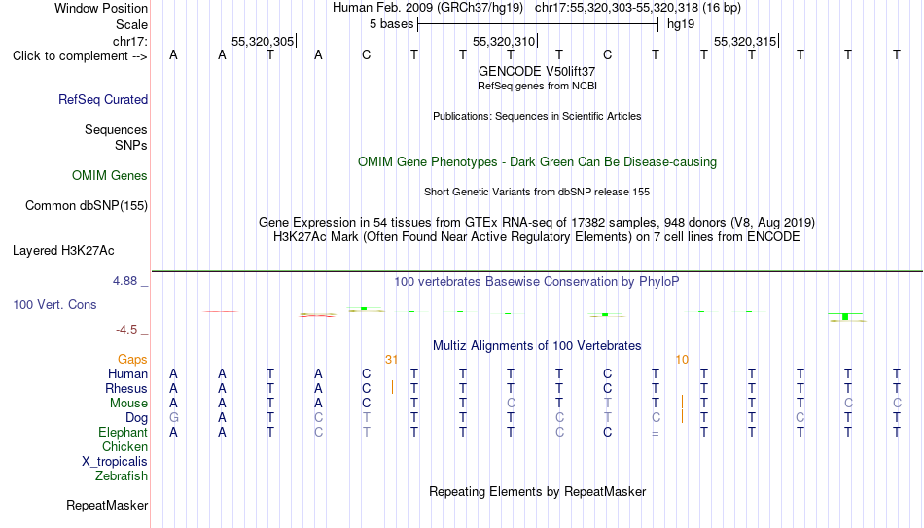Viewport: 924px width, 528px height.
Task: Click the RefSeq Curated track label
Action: (103, 99)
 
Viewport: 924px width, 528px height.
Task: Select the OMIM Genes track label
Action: (110, 176)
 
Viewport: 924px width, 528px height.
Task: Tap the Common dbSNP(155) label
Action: (87, 206)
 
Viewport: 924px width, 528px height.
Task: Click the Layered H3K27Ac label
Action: (63, 251)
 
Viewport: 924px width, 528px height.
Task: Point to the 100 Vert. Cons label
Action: (54, 304)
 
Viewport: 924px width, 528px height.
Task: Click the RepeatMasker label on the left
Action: (107, 505)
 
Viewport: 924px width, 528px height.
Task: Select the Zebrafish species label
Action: (122, 475)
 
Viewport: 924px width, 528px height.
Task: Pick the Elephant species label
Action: (123, 432)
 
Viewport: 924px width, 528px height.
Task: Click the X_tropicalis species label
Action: (115, 462)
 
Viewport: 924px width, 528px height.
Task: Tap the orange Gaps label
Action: (132, 360)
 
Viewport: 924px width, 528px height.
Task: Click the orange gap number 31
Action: (391, 360)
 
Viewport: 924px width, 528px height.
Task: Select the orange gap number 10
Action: (682, 360)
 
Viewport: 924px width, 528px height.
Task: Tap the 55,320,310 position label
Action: (504, 41)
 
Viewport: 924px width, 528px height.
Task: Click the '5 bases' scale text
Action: (391, 24)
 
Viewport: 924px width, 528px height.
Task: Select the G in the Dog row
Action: (173, 418)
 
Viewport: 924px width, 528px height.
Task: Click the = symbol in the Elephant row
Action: (656, 433)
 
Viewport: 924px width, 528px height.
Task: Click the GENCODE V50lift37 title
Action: (537, 71)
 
